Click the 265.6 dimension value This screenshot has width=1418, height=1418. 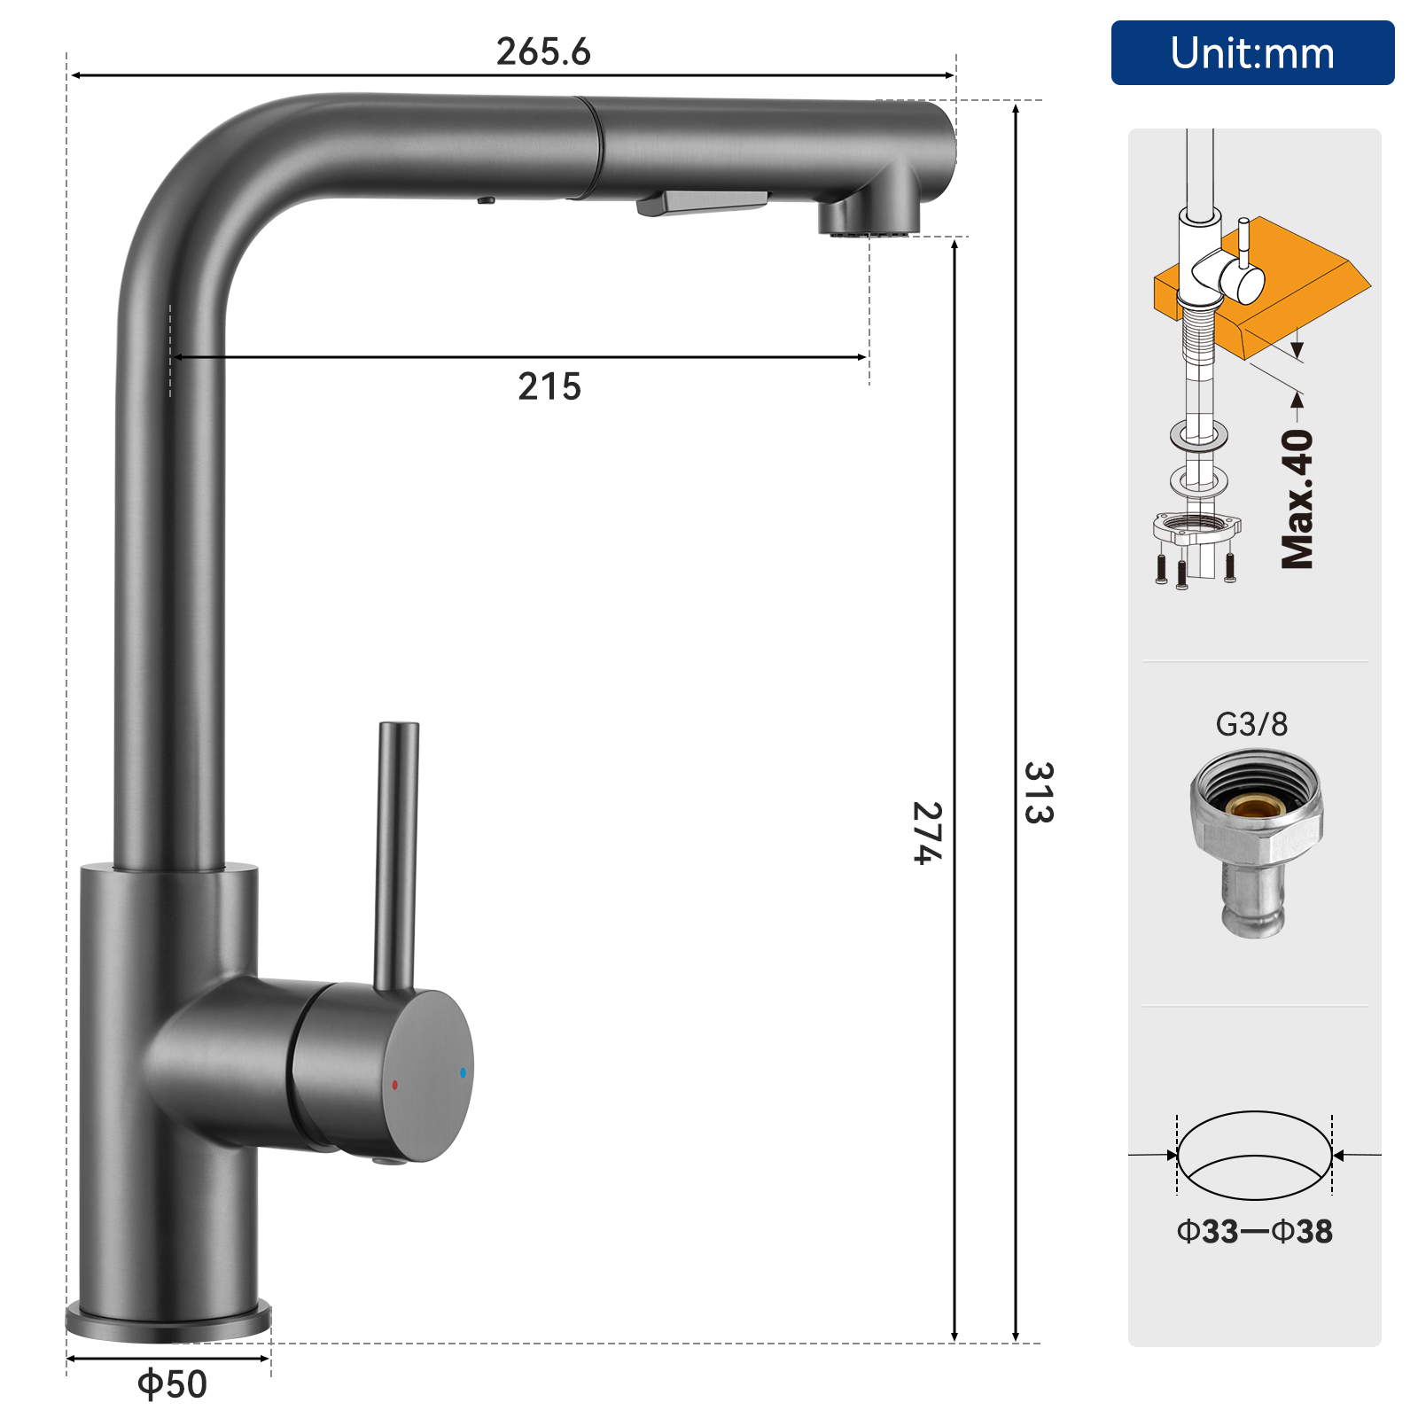tap(543, 51)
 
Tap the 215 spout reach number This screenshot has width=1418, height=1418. tap(549, 386)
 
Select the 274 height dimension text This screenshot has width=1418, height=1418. tap(927, 833)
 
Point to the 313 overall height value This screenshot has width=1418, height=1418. tap(1039, 792)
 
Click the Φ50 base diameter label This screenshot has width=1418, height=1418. tap(172, 1384)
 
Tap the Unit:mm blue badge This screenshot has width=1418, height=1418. tap(1252, 53)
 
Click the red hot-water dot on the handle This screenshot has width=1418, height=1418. tap(395, 1085)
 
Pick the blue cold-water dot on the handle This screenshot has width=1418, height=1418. tap(463, 1072)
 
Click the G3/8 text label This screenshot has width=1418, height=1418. tap(1251, 724)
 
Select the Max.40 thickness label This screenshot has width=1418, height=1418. tap(1298, 499)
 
